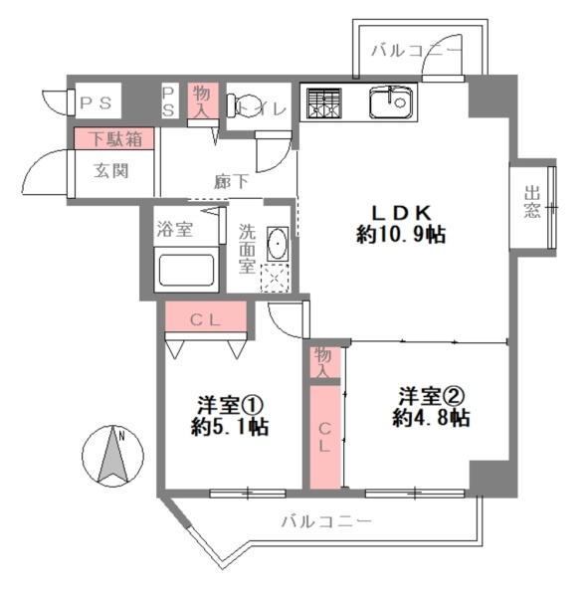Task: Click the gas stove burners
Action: pyautogui.click(x=323, y=101)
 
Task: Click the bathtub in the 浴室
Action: pyautogui.click(x=184, y=270)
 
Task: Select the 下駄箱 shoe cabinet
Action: pyautogui.click(x=111, y=139)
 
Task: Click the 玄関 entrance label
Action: pyautogui.click(x=111, y=171)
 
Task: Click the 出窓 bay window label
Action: pyautogui.click(x=533, y=204)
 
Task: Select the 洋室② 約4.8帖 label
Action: pyautogui.click(x=430, y=407)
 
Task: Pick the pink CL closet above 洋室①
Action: pyautogui.click(x=205, y=319)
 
